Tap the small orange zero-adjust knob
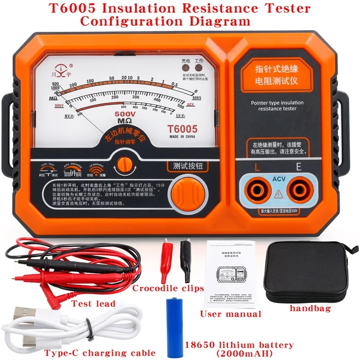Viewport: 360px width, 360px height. click(x=125, y=163)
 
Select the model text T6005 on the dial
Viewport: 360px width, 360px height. click(x=182, y=128)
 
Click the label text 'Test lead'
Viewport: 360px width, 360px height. click(x=93, y=304)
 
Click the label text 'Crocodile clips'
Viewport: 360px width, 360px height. click(x=168, y=288)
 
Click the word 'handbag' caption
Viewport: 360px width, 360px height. click(x=310, y=309)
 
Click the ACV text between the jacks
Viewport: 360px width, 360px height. click(x=277, y=179)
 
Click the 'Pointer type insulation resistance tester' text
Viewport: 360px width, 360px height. click(x=277, y=105)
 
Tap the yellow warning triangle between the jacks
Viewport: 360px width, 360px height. click(x=277, y=193)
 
